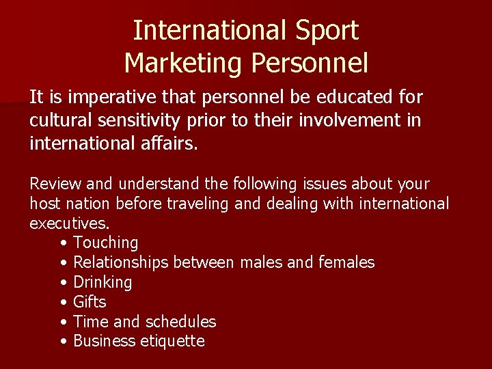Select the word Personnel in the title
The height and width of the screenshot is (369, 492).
click(310, 63)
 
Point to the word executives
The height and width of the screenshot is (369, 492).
click(69, 223)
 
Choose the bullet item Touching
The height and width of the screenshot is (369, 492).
click(105, 243)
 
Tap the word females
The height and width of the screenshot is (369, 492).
click(346, 262)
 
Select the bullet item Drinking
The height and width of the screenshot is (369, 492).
click(102, 282)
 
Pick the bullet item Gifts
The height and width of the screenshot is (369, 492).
click(90, 302)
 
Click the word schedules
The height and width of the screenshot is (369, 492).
click(182, 322)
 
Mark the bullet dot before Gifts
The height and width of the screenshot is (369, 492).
click(64, 302)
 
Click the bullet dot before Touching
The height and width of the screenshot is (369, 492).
click(64, 243)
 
